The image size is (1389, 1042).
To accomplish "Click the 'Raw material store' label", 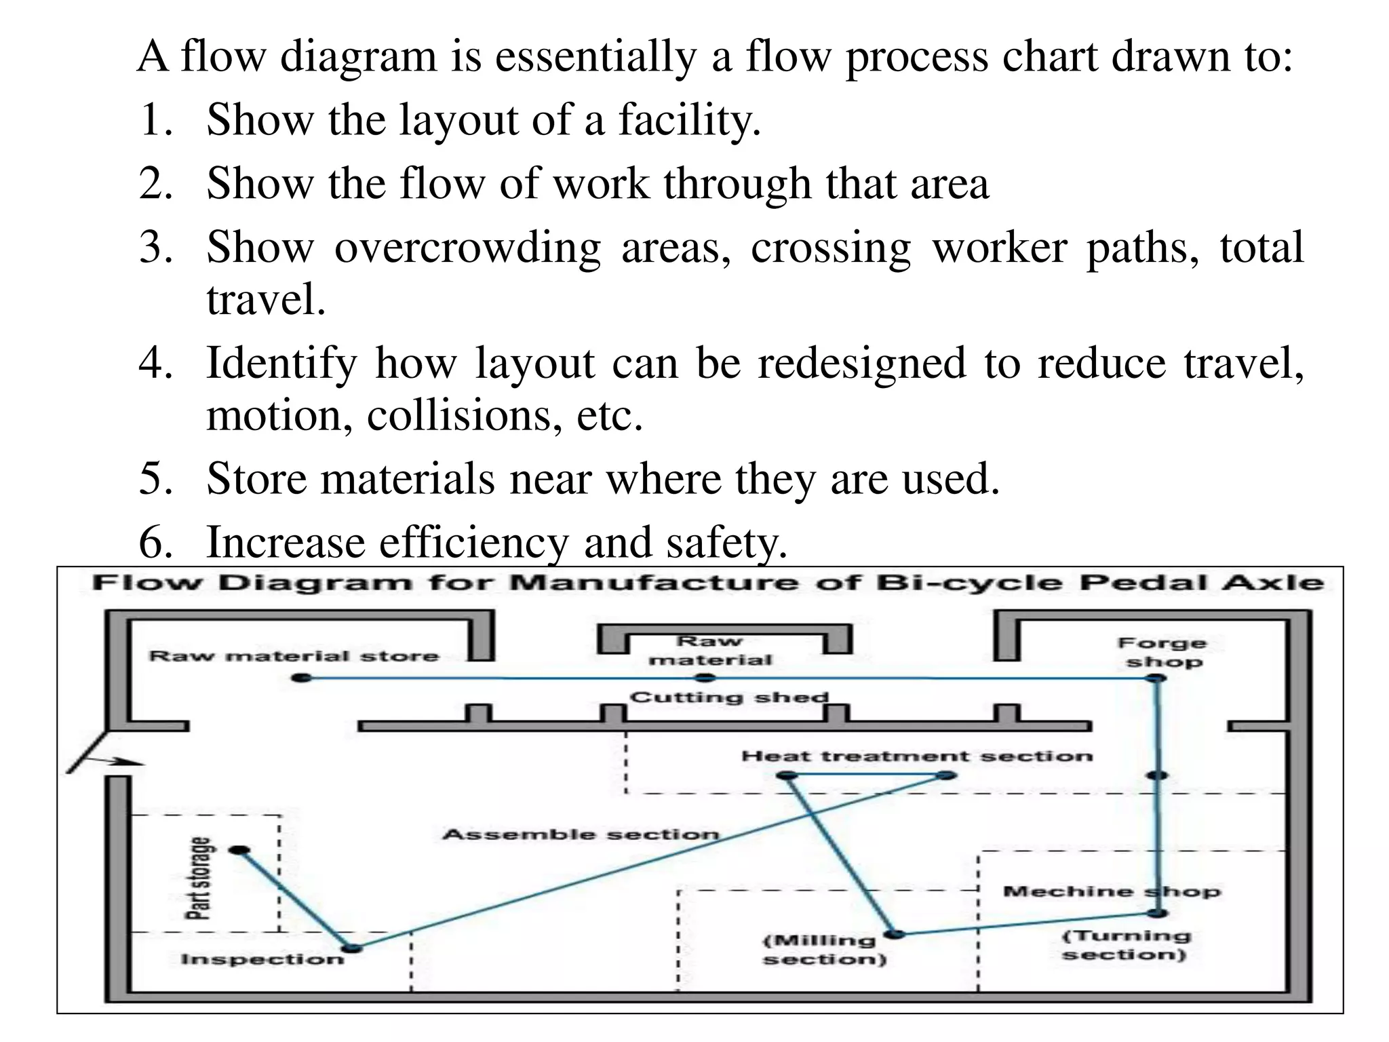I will click(x=294, y=656).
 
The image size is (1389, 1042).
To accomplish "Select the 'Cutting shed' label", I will click(x=730, y=697).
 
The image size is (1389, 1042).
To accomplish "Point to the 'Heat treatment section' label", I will click(x=917, y=756).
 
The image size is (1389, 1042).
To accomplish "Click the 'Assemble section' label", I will click(x=581, y=834).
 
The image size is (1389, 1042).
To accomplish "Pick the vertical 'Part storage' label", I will click(x=199, y=878).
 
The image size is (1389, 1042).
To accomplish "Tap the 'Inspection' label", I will click(x=262, y=959).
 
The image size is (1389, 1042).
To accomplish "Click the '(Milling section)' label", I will click(x=824, y=950).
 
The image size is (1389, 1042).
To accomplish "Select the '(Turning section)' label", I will click(x=1126, y=945).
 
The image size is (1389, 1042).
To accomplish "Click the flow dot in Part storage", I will click(x=239, y=850).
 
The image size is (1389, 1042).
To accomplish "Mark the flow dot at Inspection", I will click(x=351, y=948).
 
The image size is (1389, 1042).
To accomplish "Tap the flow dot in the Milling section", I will click(x=895, y=934).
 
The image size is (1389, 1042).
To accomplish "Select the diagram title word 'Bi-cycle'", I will click(x=969, y=583).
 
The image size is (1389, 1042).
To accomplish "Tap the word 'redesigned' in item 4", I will click(x=861, y=363).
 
